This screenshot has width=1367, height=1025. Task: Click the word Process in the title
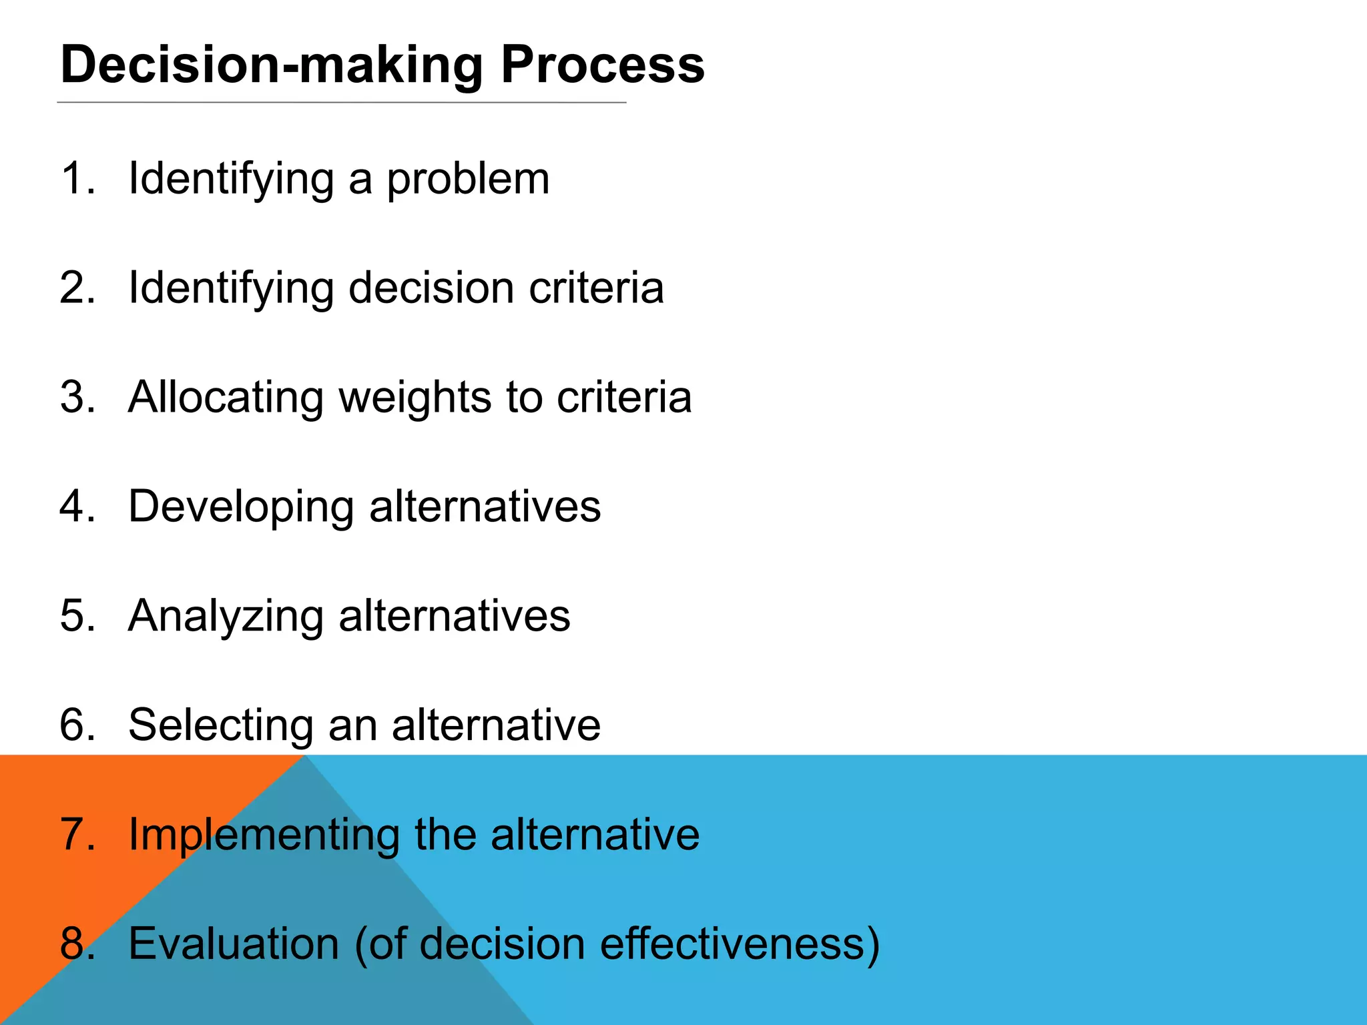click(602, 65)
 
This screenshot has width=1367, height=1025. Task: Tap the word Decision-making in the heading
click(271, 65)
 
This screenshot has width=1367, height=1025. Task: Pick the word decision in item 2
click(431, 288)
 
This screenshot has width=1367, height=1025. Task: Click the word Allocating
click(226, 398)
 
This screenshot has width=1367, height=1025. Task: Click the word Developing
click(240, 508)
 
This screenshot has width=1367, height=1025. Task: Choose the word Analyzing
click(226, 617)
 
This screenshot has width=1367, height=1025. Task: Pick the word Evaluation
click(234, 944)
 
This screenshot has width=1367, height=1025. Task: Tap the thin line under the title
click(342, 103)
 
